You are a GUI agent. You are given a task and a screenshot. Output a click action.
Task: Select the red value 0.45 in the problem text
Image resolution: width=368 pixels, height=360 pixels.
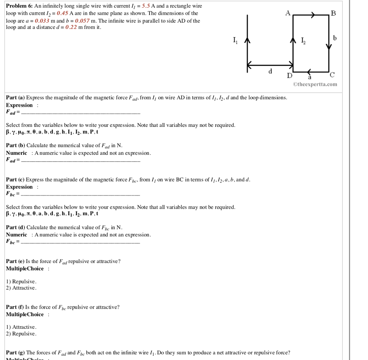pyautogui.click(x=63, y=13)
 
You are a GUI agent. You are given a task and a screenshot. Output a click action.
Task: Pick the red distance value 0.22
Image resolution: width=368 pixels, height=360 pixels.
pyautogui.click(x=71, y=27)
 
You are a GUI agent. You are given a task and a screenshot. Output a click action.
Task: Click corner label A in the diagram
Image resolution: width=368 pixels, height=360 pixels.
pyautogui.click(x=287, y=13)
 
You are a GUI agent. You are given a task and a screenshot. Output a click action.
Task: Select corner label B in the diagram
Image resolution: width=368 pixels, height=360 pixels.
pyautogui.click(x=333, y=14)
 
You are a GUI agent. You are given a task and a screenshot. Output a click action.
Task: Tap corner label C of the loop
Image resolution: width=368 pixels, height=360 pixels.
pyautogui.click(x=332, y=75)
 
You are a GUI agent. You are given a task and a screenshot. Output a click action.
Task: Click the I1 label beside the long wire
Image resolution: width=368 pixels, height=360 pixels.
pyautogui.click(x=235, y=40)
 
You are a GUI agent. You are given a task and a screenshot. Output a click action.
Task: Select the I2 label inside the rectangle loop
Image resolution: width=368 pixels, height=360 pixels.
pyautogui.click(x=304, y=40)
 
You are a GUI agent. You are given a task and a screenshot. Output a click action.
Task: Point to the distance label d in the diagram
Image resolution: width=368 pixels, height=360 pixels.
pyautogui.click(x=270, y=71)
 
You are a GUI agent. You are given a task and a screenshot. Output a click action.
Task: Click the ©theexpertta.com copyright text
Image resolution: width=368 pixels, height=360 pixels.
pyautogui.click(x=315, y=84)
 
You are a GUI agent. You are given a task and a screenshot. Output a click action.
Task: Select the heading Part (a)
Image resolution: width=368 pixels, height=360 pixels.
pyautogui.click(x=15, y=98)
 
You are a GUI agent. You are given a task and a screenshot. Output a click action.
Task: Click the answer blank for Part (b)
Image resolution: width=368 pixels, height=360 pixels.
pyautogui.click(x=81, y=161)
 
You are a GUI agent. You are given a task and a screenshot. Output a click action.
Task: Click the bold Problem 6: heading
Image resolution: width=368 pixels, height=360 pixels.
pyautogui.click(x=19, y=6)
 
